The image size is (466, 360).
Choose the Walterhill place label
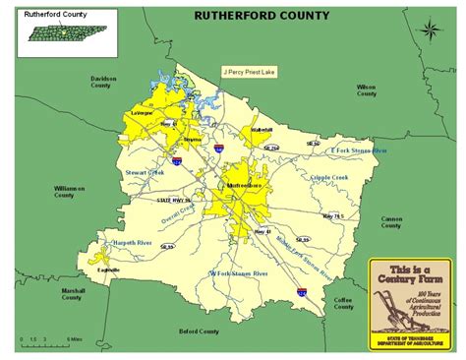[262, 130]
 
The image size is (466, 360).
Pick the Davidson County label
[103, 82]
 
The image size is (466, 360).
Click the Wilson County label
[366, 90]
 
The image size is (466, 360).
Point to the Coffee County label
[342, 302]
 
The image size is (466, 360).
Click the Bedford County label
[197, 332]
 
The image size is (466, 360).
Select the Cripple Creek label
[328, 178]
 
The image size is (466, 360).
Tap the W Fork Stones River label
[239, 271]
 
